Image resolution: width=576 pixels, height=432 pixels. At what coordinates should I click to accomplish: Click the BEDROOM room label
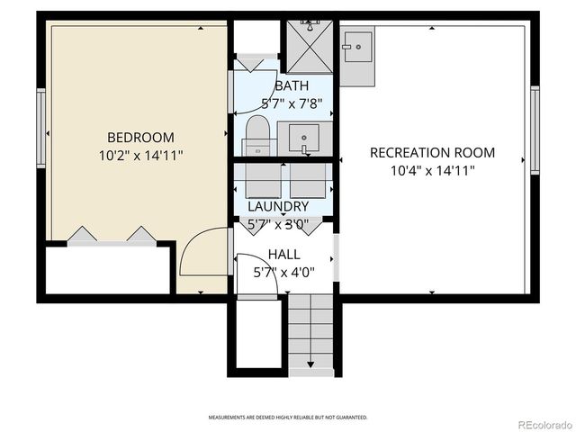pos(140,138)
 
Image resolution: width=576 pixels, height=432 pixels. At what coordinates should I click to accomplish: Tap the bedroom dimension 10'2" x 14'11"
pos(140,155)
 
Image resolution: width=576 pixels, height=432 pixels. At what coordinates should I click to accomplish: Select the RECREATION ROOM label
pos(432,153)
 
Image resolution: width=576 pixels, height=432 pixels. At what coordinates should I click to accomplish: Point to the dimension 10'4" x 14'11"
pos(432,170)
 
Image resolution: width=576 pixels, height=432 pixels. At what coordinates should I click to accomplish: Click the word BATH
pos(292,85)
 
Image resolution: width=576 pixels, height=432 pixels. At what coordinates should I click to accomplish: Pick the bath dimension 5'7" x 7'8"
pos(292,103)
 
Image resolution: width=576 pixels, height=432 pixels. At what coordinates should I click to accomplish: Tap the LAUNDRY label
pos(278,206)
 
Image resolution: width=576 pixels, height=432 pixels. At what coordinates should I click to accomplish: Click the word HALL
pos(283,255)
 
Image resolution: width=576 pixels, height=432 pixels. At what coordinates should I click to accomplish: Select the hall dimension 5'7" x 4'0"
pos(283,271)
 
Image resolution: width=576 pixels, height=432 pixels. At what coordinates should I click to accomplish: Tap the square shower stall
pos(309,47)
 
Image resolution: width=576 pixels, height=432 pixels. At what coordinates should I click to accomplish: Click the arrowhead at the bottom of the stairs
pos(310,364)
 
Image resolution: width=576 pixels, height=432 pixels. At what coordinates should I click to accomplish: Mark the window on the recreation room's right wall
pos(535,130)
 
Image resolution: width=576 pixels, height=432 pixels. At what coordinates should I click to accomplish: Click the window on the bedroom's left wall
pos(40,121)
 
